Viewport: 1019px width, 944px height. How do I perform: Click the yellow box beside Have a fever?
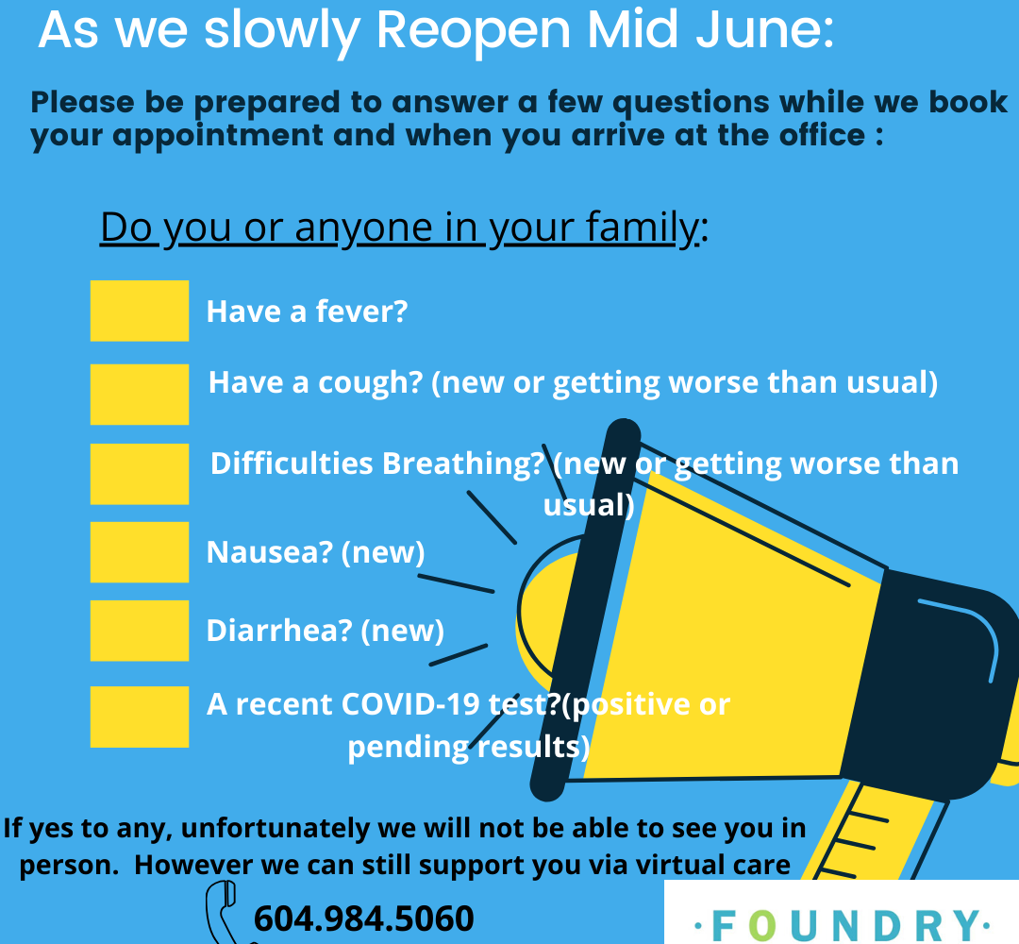[x=139, y=311]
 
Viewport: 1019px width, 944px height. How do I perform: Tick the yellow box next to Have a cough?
[x=139, y=395]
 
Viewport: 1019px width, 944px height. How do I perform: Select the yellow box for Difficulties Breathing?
[x=139, y=474]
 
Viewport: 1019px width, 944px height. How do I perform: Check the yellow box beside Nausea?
[x=139, y=552]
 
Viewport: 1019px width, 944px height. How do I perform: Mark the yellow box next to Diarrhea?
[x=139, y=631]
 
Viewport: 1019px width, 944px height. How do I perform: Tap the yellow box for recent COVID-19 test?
[x=139, y=717]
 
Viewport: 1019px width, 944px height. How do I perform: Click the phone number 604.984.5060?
[x=364, y=918]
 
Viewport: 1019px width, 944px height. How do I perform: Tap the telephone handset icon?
[x=225, y=912]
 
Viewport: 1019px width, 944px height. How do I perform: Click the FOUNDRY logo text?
[x=843, y=924]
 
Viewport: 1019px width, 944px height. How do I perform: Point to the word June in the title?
[x=765, y=30]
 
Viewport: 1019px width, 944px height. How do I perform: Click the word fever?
[x=361, y=312]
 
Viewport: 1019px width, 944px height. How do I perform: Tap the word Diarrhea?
[x=279, y=631]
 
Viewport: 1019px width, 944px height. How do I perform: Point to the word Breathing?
[x=462, y=464]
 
